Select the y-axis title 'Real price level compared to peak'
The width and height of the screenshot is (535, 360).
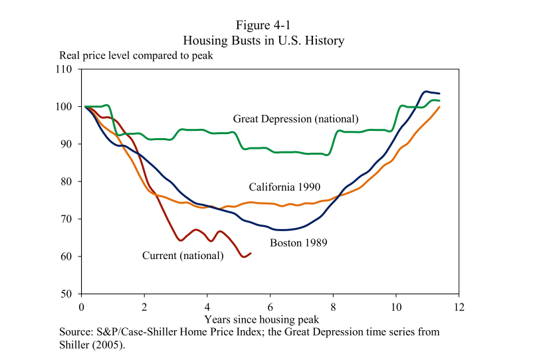click(x=136, y=56)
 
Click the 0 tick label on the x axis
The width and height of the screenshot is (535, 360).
click(x=81, y=307)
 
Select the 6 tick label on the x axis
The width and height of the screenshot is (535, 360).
click(x=270, y=307)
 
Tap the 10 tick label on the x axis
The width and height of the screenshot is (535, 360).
click(x=396, y=307)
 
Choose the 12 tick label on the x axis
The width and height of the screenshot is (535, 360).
click(x=459, y=307)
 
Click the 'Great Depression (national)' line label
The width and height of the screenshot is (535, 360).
click(x=296, y=119)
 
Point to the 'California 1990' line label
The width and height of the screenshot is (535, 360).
click(x=284, y=187)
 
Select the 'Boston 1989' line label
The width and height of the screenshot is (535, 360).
click(x=298, y=243)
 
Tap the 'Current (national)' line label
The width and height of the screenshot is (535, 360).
click(x=183, y=255)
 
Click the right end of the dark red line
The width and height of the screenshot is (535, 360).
click(x=251, y=253)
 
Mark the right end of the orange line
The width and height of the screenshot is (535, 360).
click(x=439, y=106)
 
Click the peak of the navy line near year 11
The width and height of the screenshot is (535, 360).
click(x=425, y=92)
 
